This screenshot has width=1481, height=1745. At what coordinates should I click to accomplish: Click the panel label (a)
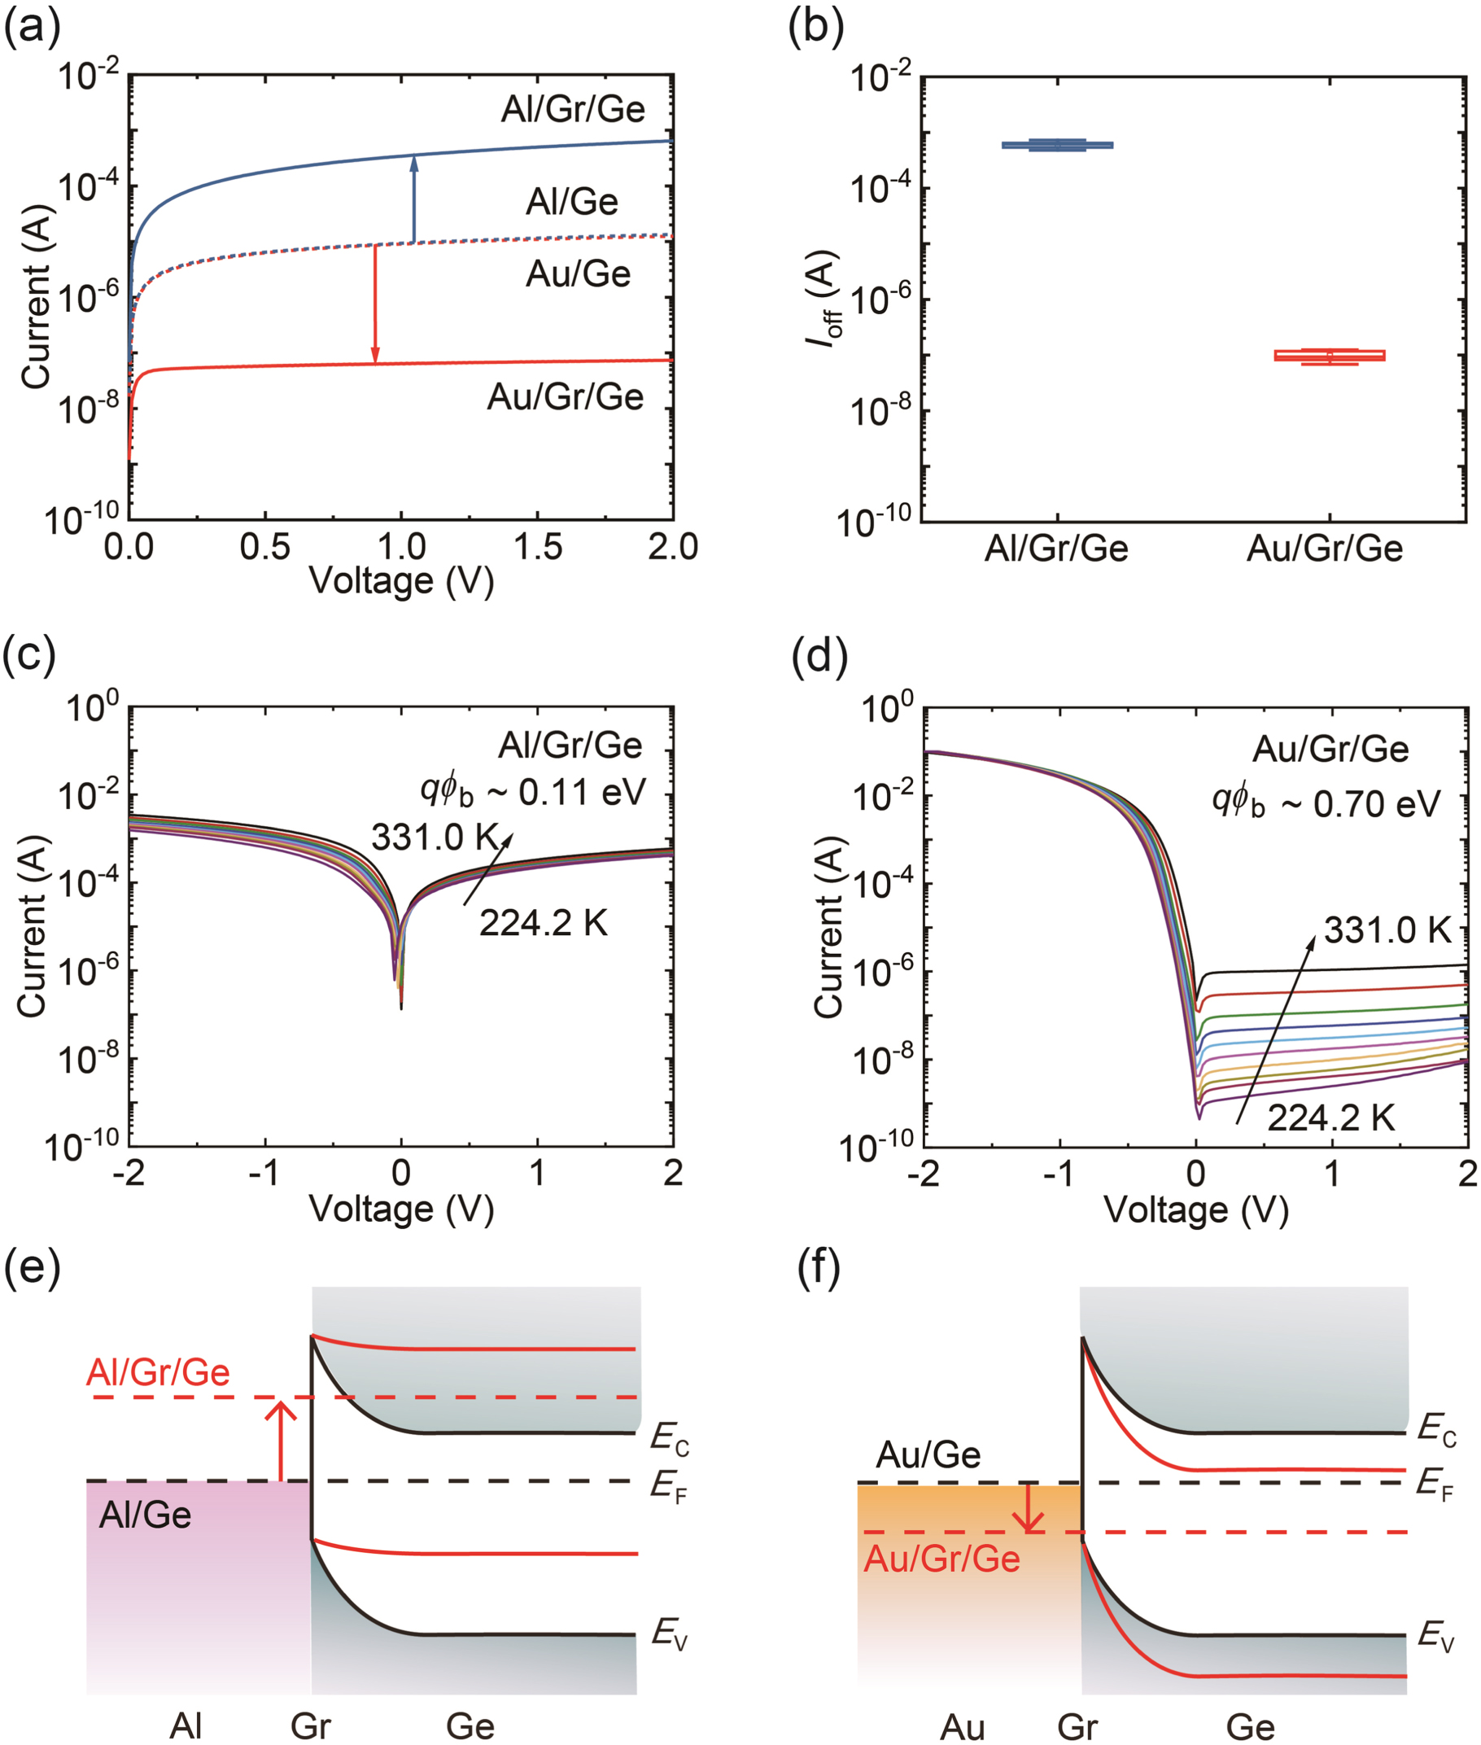coord(32,28)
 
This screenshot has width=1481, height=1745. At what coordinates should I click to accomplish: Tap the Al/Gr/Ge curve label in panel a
coord(573,109)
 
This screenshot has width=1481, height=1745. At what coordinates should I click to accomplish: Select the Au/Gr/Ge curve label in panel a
coord(565,396)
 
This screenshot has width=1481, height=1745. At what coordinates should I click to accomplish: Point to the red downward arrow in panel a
coord(375,304)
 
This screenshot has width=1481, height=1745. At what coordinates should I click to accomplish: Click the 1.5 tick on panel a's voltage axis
coord(537,548)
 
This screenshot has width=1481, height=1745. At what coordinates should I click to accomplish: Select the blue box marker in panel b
coord(1057,145)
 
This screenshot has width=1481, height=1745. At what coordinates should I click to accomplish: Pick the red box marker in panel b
coord(1329,356)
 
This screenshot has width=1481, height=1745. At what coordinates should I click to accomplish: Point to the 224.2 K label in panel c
coord(544,924)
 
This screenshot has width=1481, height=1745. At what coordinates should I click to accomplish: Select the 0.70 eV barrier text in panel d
coord(1326,803)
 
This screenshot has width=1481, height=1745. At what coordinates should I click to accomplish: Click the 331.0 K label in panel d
coord(1387,930)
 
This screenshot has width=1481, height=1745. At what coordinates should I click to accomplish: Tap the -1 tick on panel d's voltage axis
coord(1059,1173)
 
